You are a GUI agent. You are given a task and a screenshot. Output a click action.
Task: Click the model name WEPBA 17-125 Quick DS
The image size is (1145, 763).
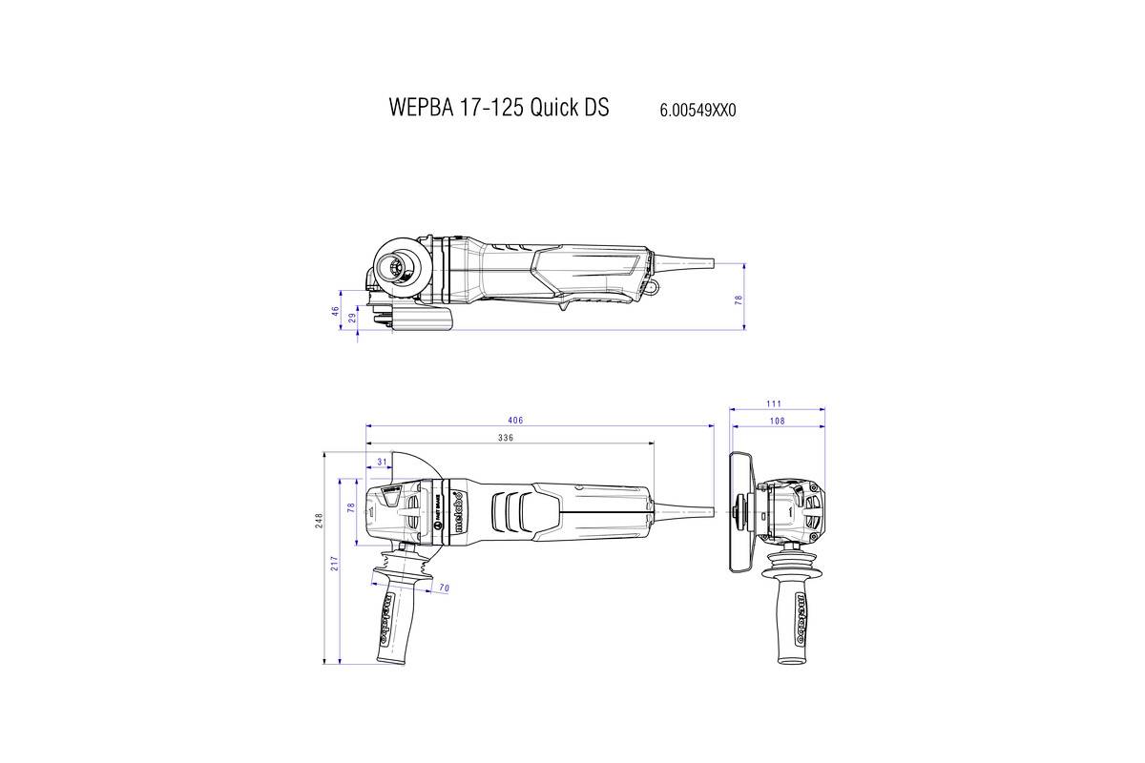(x=498, y=107)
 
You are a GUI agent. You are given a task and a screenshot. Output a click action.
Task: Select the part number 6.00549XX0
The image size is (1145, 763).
(x=697, y=110)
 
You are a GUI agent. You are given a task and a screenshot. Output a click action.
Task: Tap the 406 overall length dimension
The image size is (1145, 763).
(x=515, y=421)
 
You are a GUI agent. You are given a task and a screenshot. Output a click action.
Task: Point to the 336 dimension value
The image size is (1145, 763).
(x=506, y=438)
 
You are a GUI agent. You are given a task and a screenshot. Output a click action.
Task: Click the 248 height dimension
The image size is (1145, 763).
(x=320, y=519)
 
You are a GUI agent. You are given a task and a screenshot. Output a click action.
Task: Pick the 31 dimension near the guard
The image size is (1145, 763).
(x=383, y=462)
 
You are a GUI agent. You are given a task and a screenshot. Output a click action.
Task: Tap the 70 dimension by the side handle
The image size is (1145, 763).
(x=444, y=588)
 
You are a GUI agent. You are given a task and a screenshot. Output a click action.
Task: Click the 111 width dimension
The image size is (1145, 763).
(x=777, y=404)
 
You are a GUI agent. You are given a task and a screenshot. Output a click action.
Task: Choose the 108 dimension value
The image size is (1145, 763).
(x=777, y=421)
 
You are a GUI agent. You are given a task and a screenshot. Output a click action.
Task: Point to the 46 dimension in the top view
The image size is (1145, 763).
(x=336, y=311)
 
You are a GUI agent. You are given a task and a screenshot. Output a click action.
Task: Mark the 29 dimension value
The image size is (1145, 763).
(x=352, y=319)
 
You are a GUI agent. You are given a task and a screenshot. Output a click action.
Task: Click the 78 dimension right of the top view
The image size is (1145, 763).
(x=738, y=299)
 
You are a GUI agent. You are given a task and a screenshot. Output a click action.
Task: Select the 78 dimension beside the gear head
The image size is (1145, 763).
(x=350, y=509)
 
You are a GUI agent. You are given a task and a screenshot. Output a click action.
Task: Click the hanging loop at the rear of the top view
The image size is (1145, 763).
(x=653, y=286)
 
